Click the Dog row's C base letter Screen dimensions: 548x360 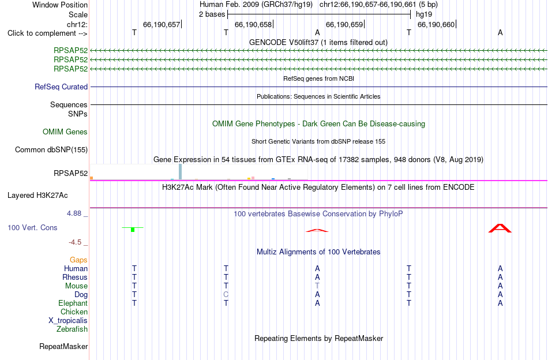tap(226, 295)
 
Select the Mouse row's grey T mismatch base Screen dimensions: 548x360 tap(317, 286)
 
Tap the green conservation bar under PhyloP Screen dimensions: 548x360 tap(133, 229)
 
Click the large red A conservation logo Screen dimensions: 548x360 tap(500, 228)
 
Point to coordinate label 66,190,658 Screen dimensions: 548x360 tap(253, 24)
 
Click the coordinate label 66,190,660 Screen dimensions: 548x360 tap(436, 24)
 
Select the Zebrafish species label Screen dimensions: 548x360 tap(72, 329)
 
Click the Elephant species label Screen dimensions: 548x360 tap(73, 303)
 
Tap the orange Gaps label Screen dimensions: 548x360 tap(78, 260)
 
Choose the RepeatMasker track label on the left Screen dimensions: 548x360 tap(63, 346)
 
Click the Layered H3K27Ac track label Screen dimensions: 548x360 tap(37, 196)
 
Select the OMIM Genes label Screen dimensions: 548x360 tap(65, 132)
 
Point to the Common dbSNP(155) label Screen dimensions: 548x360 tap(51, 149)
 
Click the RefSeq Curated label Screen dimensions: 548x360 tap(61, 87)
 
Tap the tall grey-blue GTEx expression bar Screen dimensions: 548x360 tap(181, 171)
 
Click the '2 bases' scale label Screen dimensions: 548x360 tap(212, 14)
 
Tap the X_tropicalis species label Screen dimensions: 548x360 tap(68, 321)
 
